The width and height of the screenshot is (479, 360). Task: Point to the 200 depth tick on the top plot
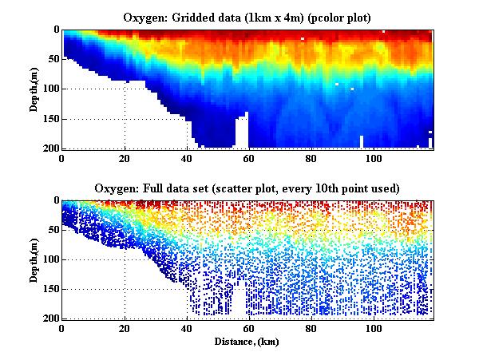point(50,148)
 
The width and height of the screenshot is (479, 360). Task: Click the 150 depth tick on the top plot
point(50,119)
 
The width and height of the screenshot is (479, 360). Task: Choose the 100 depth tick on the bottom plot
point(50,259)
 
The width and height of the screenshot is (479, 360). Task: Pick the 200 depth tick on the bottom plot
point(50,319)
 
